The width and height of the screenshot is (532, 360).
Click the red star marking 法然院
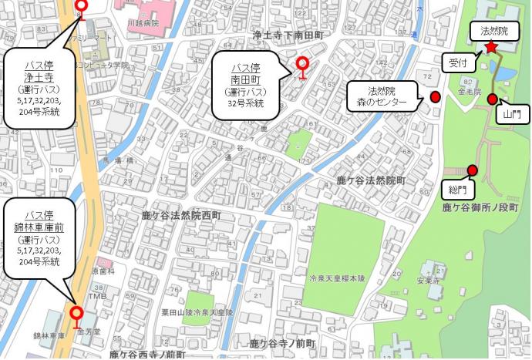coord(491,48)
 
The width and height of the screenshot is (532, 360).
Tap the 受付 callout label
coord(458,62)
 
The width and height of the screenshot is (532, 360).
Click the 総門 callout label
coord(457,189)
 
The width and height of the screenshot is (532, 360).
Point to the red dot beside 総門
coord(473,170)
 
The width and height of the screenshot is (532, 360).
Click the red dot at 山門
coord(492,98)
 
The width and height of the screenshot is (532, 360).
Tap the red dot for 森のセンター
coord(435,97)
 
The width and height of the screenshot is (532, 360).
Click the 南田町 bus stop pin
coord(303,64)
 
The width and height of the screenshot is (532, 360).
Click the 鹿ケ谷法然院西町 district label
coord(181,216)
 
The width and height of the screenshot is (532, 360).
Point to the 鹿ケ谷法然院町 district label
coord(372,180)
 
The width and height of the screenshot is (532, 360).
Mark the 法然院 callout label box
coord(493,32)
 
